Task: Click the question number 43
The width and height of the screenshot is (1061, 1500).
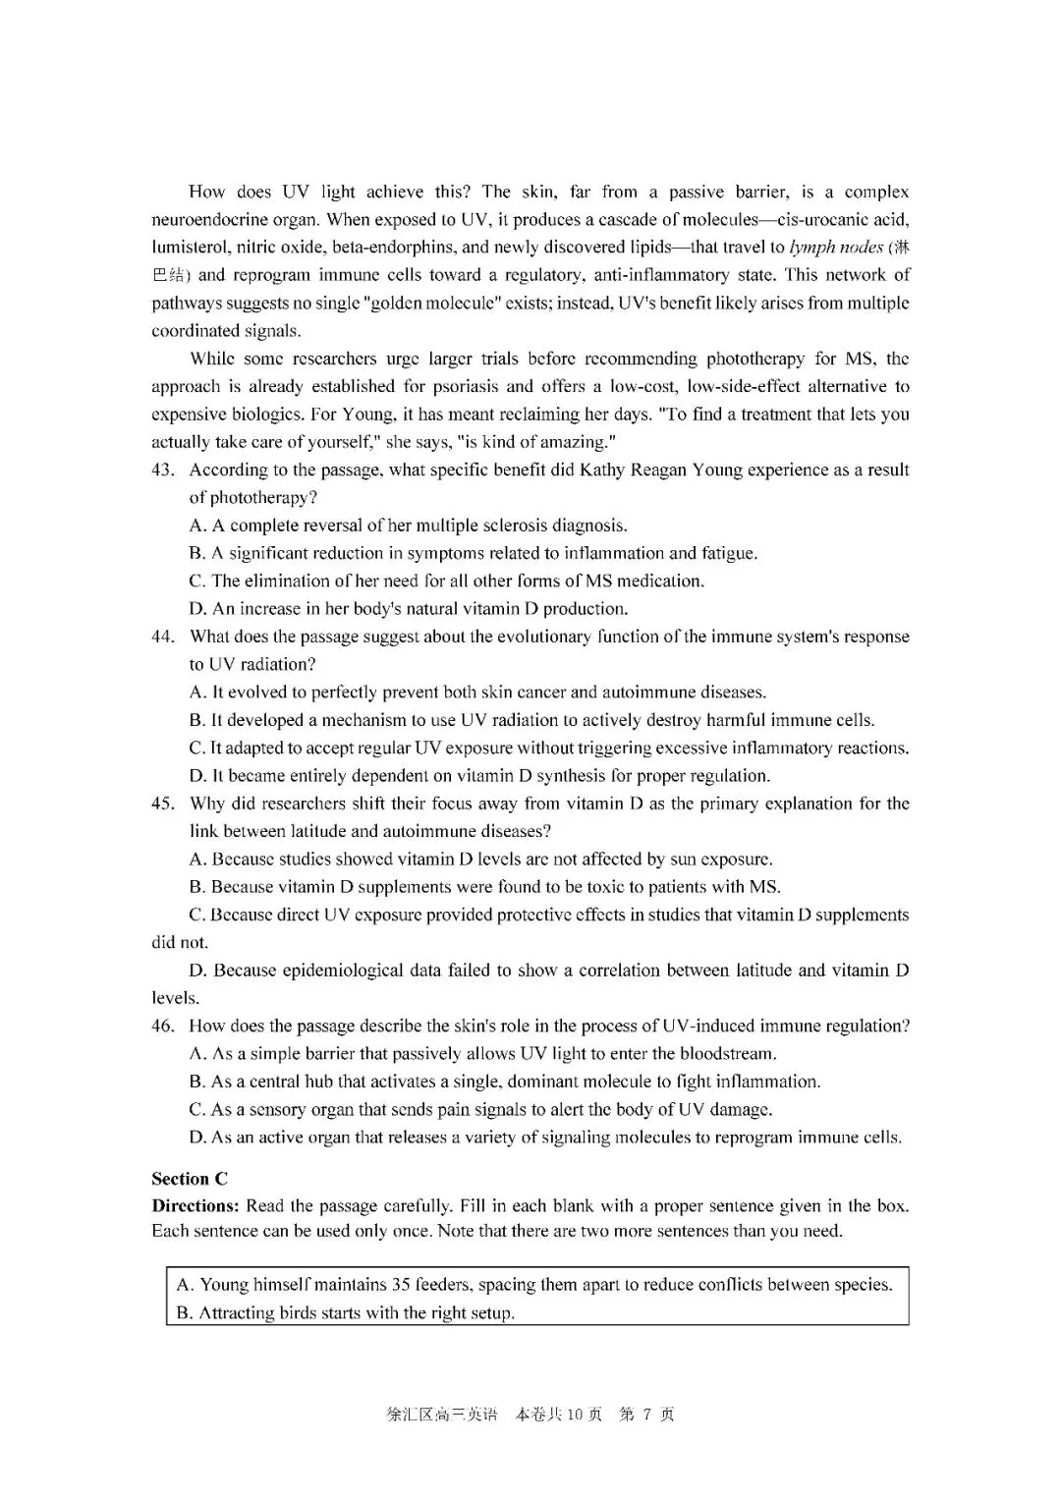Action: click(163, 470)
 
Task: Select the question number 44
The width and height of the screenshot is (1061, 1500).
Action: click(163, 637)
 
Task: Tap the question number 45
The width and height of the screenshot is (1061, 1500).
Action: click(163, 804)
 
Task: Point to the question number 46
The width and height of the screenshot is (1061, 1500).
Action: click(163, 1026)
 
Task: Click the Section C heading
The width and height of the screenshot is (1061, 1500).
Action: click(190, 1179)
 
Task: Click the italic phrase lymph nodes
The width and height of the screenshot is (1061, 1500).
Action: click(836, 248)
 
